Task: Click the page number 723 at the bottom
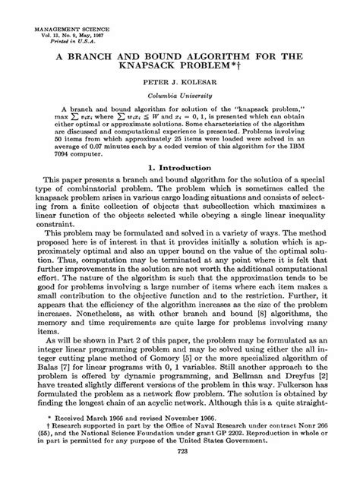point(180,473)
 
